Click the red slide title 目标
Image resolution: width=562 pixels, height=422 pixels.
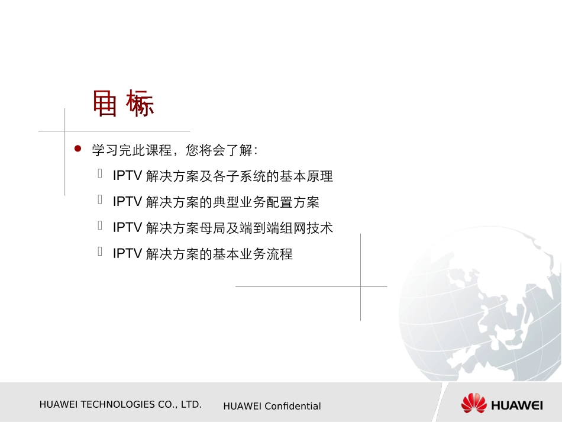[124, 104]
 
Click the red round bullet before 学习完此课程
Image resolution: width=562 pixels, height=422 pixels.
[77, 149]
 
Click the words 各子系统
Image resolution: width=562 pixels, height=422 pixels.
[240, 176]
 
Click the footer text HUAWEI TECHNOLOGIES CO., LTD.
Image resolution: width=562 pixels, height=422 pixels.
[121, 405]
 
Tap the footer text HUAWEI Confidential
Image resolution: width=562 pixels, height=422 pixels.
[272, 406]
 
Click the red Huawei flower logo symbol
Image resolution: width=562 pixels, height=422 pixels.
[474, 404]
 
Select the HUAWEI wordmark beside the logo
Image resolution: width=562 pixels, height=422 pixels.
[516, 405]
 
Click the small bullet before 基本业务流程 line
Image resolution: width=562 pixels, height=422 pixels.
[101, 252]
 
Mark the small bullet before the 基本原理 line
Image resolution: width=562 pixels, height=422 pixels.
[101, 174]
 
